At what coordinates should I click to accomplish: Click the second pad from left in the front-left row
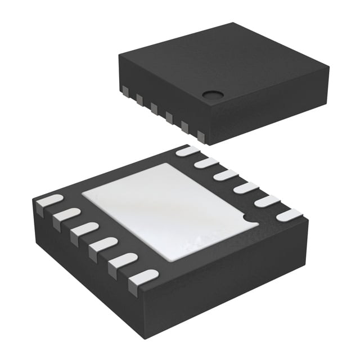[67, 215]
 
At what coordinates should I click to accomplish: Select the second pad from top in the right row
[206, 163]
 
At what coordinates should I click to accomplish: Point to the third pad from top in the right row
[226, 175]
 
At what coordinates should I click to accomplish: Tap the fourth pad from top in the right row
[245, 187]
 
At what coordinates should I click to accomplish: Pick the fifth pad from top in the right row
[266, 200]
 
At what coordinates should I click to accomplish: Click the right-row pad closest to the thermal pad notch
[288, 214]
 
